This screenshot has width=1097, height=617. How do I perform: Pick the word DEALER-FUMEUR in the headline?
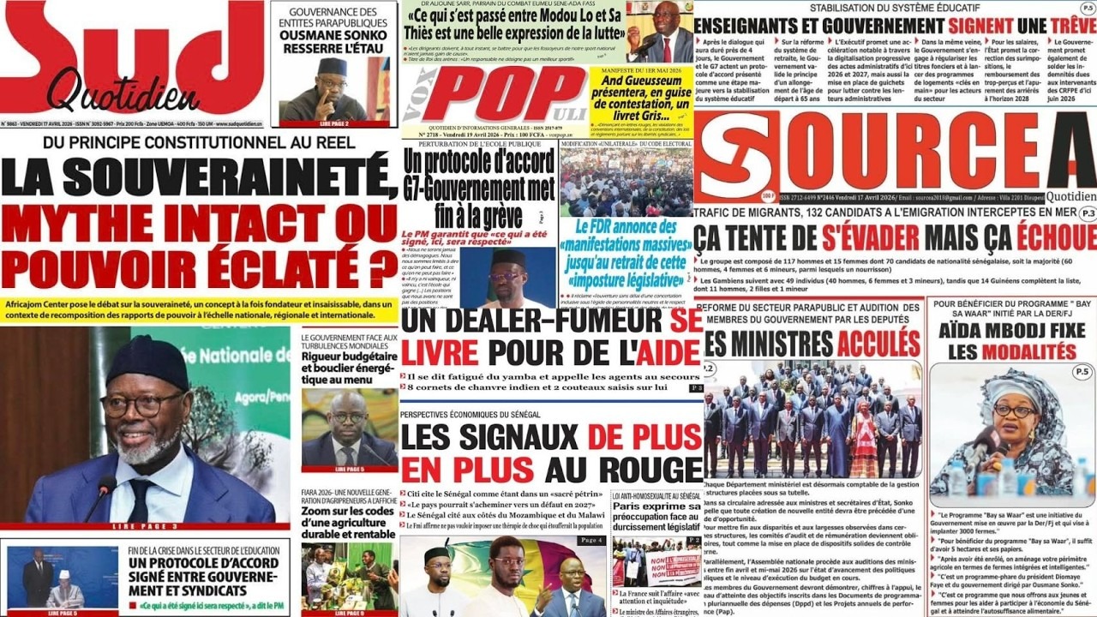pos(531,324)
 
